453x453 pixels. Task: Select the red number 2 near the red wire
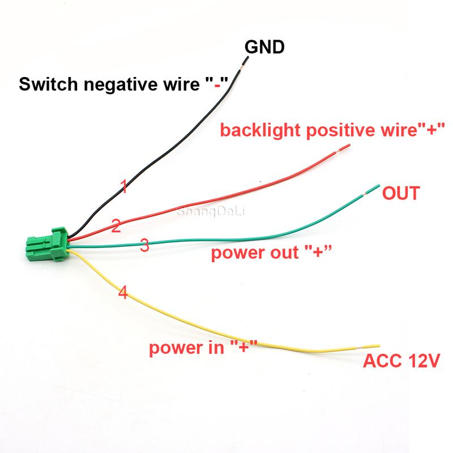(116, 228)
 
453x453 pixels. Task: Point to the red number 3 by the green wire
(144, 245)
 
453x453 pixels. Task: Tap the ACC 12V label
(402, 361)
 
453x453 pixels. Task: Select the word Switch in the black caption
(47, 86)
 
